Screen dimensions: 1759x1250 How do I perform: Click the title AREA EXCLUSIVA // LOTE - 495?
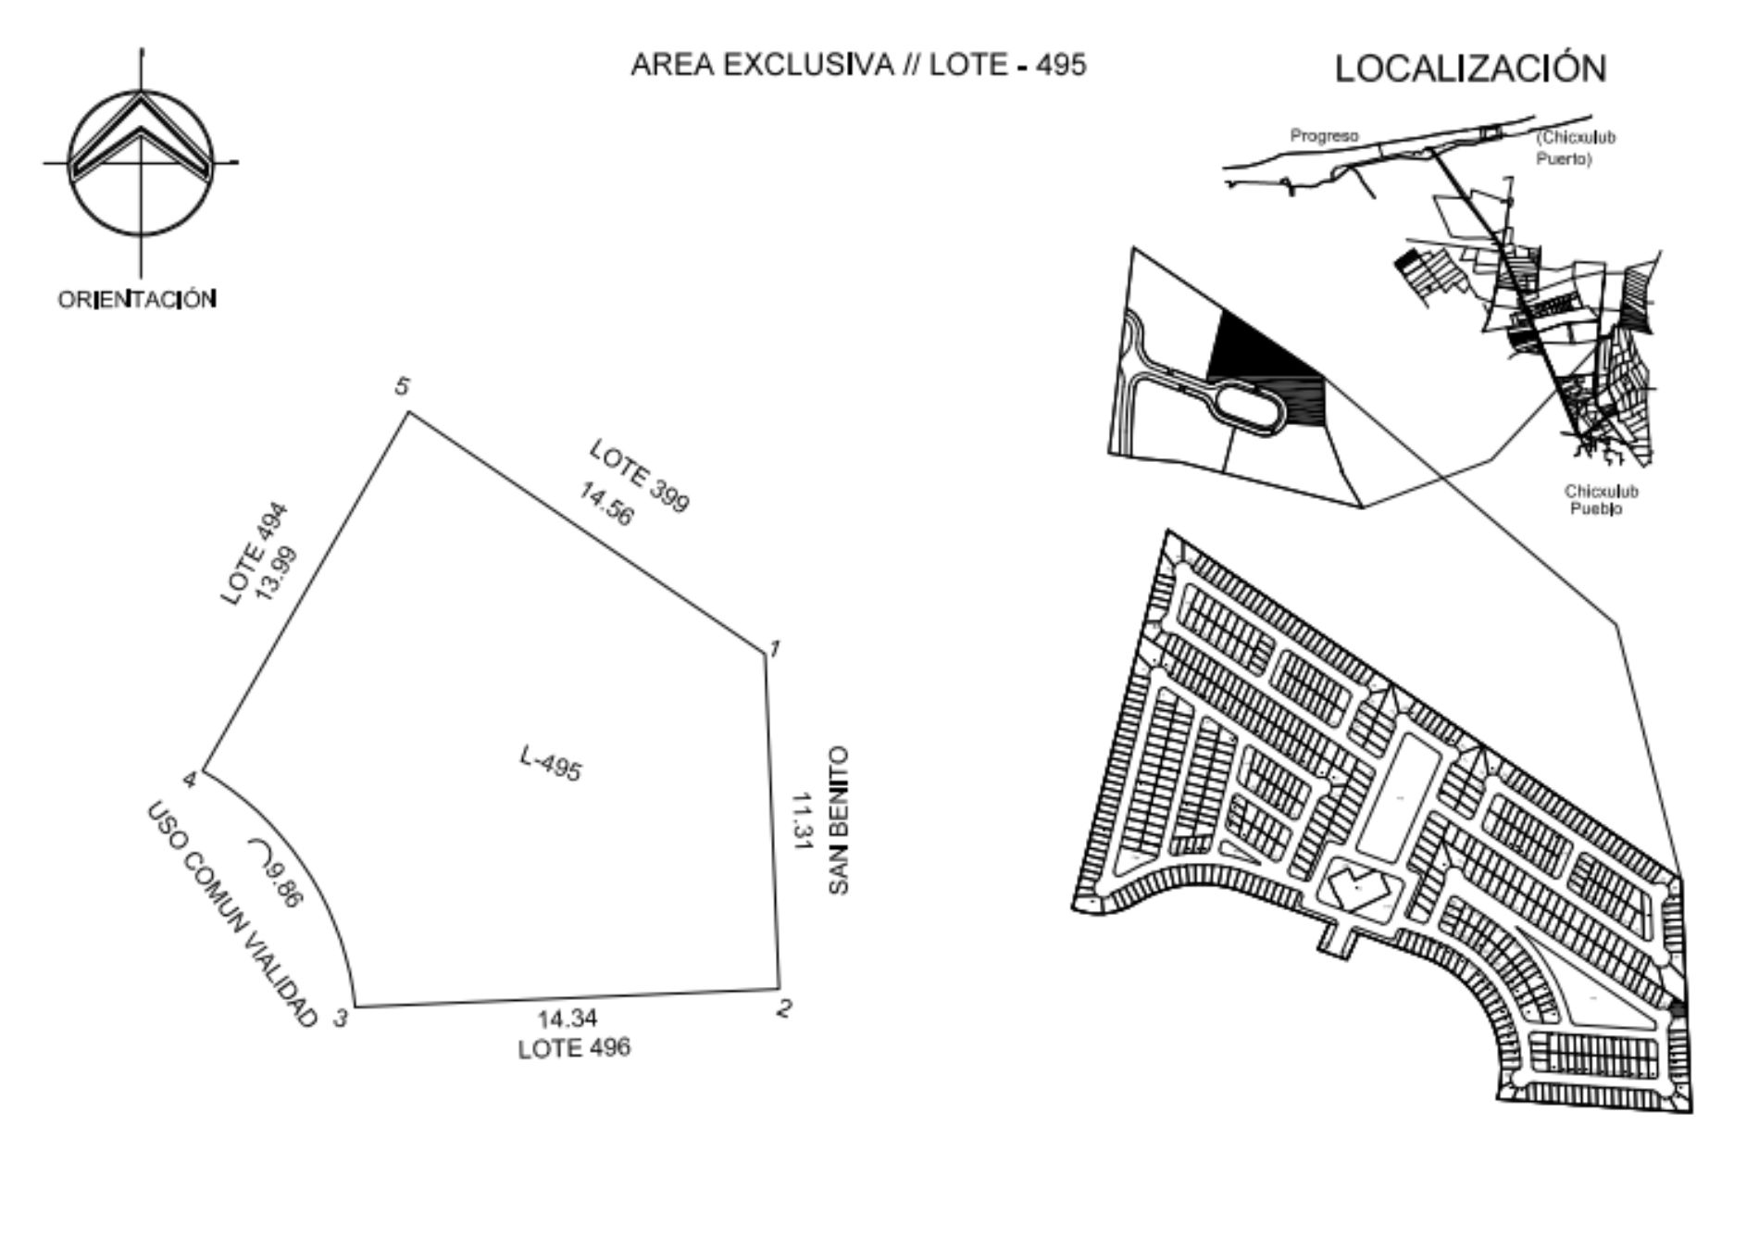click(858, 65)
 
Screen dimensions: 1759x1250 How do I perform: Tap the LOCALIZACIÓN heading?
click(1470, 69)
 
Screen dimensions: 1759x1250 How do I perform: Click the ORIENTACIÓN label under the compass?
click(138, 300)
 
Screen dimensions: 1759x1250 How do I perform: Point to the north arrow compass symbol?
click(141, 162)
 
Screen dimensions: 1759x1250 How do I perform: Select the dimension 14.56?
click(607, 504)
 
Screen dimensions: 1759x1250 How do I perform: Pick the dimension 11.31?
click(802, 820)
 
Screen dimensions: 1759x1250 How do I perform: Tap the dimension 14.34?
click(568, 1019)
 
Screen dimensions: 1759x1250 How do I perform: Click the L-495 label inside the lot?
click(550, 764)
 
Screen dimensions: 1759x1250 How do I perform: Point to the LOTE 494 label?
click(255, 555)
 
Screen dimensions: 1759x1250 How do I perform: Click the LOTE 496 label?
click(574, 1048)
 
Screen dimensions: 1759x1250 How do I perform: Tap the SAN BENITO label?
click(838, 820)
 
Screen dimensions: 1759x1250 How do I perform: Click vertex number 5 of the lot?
click(402, 387)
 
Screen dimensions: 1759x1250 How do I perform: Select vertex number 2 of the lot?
click(784, 1008)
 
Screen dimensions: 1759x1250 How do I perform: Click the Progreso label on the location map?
click(1325, 136)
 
